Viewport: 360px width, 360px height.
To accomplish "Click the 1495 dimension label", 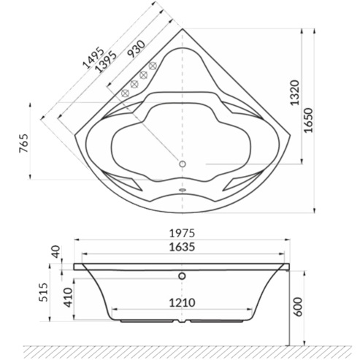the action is pos(93,58).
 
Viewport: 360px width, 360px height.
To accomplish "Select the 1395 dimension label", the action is pos(105,62).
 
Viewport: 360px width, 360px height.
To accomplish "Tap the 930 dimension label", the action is pos(137,49).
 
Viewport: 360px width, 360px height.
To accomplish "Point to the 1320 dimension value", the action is pos(295,93).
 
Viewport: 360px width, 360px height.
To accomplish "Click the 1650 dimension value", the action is pos(308,120).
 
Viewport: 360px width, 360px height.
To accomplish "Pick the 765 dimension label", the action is pos(24,143).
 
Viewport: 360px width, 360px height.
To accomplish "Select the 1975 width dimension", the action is pos(182,233).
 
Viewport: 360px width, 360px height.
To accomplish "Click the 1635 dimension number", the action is pos(182,247).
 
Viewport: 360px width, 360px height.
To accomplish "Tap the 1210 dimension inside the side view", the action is pos(182,303).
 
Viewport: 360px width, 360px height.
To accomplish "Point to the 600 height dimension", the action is pos(298,307).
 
